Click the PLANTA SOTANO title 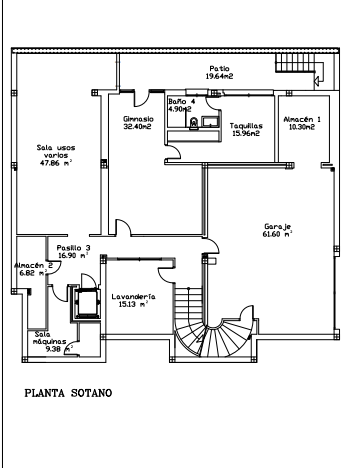[x=68, y=393]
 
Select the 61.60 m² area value [x=278, y=234]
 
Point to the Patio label [x=219, y=69]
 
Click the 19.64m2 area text [x=219, y=76]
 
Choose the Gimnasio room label [x=138, y=119]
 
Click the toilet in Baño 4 [x=193, y=124]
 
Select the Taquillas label [x=246, y=126]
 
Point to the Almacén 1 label [x=302, y=119]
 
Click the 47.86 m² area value [x=56, y=163]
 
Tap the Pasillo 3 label [x=73, y=248]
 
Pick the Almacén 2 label [x=33, y=266]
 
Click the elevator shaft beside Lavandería [x=86, y=303]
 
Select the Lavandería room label [x=133, y=296]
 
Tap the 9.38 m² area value [x=59, y=349]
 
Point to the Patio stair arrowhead [x=317, y=79]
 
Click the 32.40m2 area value [x=137, y=127]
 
